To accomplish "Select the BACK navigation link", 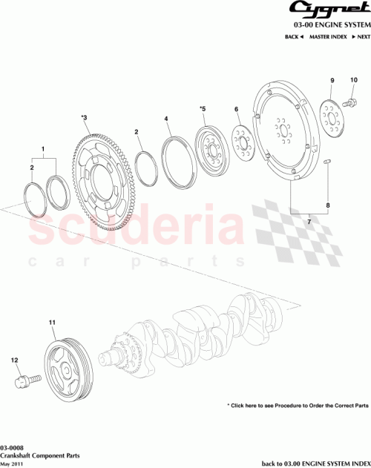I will click(295, 36).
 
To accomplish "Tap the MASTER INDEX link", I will click(328, 36).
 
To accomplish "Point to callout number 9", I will click(332, 80).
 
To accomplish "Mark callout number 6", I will click(237, 109).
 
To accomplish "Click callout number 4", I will click(167, 119).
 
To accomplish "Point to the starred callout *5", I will click(202, 109).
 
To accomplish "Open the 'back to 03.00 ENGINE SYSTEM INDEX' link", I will click(315, 462).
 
